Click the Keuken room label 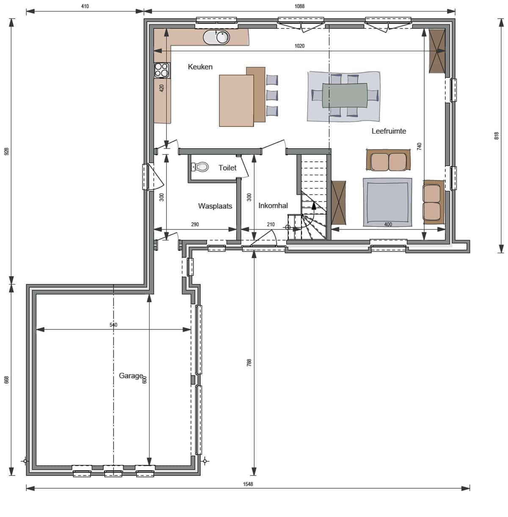click(x=200, y=67)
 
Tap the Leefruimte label click(x=388, y=131)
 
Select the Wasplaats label click(x=215, y=206)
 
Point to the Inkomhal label click(x=273, y=205)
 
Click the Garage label click(x=131, y=376)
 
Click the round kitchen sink click(x=223, y=37)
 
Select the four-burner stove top click(x=162, y=70)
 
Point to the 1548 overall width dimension click(x=248, y=484)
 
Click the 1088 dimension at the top click(x=299, y=6)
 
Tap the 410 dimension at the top click(x=85, y=6)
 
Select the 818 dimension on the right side click(x=496, y=136)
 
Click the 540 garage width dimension click(x=113, y=325)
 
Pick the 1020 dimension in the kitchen click(x=299, y=46)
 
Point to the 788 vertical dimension click(x=249, y=363)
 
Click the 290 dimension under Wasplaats click(x=195, y=224)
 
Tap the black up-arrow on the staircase click(x=313, y=205)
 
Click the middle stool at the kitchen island click(x=272, y=95)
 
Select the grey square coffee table click(x=387, y=202)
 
